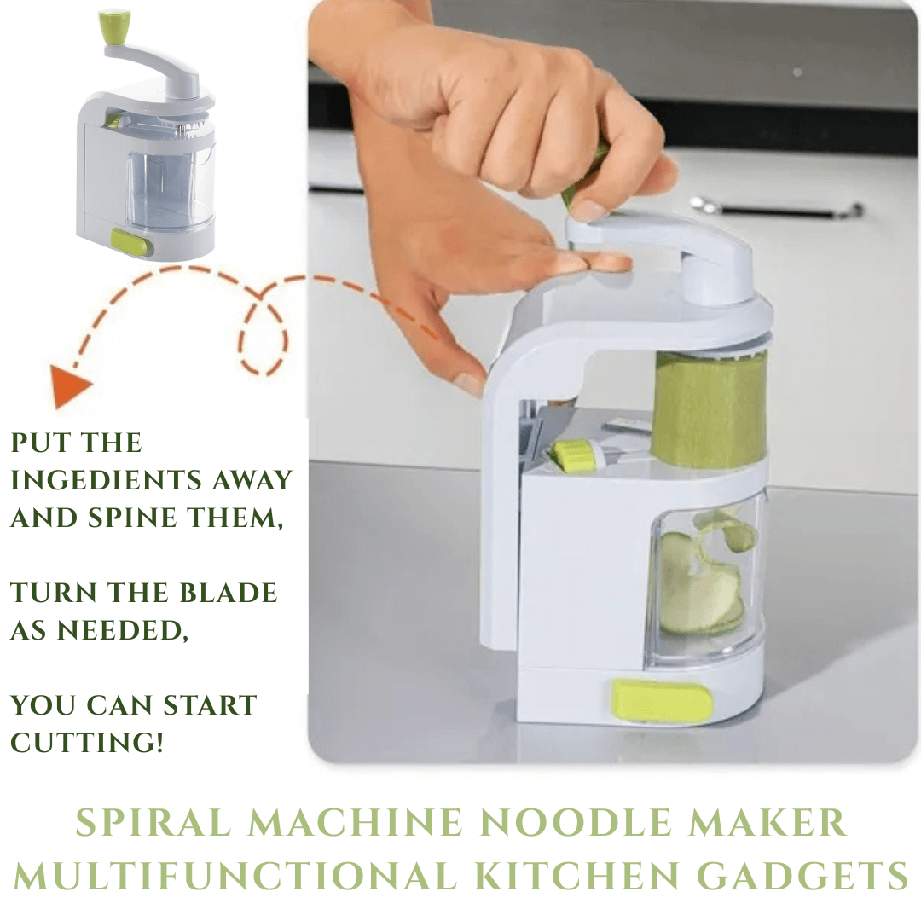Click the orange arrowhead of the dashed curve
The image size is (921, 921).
pos(69,386)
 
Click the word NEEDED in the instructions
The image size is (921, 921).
pos(122,630)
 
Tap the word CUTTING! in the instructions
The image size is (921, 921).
pos(86,743)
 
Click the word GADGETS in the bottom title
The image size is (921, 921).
pos(803,876)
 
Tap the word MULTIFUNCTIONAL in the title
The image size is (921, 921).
pos(235,876)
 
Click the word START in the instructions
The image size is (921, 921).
pos(210,705)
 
